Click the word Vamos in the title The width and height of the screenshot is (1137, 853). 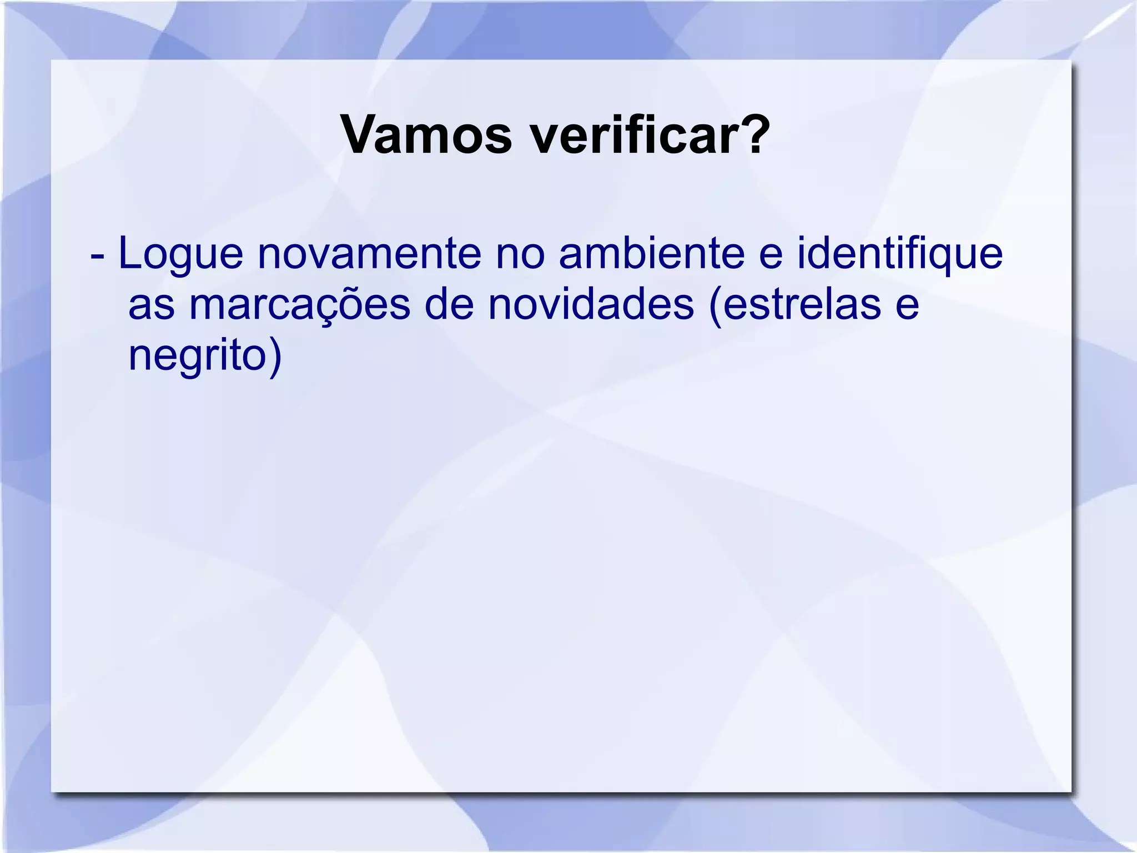click(x=426, y=135)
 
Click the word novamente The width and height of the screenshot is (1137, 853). click(x=369, y=254)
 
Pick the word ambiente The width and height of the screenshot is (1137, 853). click(x=652, y=254)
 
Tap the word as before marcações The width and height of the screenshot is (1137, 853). click(x=151, y=306)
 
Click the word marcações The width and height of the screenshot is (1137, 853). click(x=299, y=306)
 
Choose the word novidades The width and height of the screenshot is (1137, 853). click(x=591, y=305)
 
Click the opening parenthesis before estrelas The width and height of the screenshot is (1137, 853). click(x=716, y=306)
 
